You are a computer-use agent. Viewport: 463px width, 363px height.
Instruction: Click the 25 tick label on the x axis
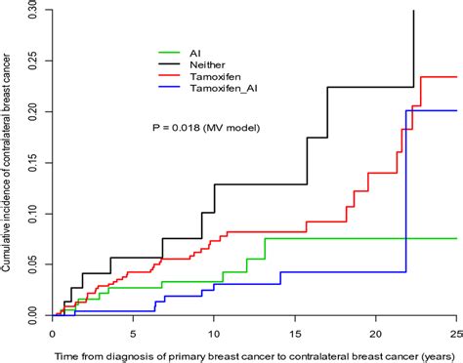point(455,331)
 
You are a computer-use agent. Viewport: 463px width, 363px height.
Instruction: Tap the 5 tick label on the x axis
point(134,331)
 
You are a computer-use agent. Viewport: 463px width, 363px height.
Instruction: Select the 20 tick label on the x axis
point(375,331)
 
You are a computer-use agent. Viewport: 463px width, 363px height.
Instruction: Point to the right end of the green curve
point(456,238)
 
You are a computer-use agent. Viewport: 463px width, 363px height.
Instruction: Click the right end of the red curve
point(456,76)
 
